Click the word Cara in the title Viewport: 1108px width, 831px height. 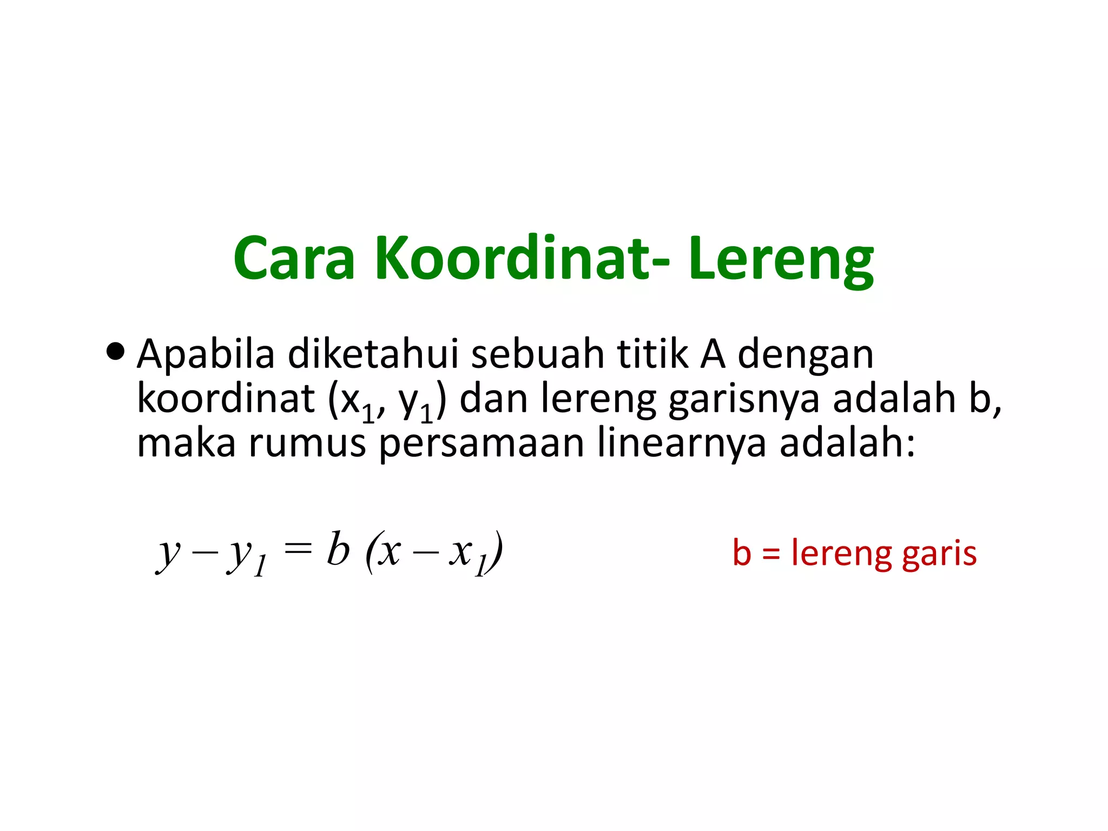tap(294, 259)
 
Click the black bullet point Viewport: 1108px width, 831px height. tap(115, 353)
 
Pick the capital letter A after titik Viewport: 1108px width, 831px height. tap(713, 354)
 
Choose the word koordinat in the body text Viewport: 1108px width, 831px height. tap(226, 399)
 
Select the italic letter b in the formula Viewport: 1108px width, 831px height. tap(338, 549)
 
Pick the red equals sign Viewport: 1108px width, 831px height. tap(771, 554)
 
